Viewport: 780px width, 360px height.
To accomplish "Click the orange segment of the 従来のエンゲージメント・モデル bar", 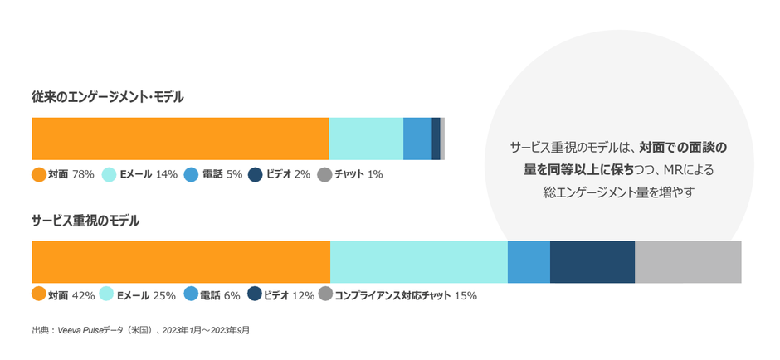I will [x=180, y=139].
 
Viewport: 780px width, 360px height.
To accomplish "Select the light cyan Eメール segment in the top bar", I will [x=366, y=139].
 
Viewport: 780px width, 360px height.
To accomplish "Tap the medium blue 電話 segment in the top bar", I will [x=417, y=139].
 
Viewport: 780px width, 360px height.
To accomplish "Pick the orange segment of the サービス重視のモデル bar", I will [x=180, y=262].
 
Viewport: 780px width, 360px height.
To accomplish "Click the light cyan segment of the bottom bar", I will [x=418, y=262].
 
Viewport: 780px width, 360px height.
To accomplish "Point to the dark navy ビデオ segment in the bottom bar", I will [x=592, y=262].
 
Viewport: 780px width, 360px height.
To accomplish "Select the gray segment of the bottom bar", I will [x=688, y=262].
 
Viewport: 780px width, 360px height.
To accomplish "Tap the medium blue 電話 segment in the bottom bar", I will [x=529, y=262].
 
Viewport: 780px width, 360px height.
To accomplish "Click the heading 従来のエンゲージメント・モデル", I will [x=108, y=97].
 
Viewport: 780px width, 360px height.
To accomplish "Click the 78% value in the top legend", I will [x=83, y=174].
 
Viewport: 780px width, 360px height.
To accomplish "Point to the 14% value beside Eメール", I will [x=167, y=174].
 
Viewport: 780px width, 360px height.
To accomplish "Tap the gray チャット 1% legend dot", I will [x=324, y=174].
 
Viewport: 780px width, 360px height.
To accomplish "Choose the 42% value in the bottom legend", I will [x=83, y=294].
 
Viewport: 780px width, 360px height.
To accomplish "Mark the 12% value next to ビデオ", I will [x=304, y=294].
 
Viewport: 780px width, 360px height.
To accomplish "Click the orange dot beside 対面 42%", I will [x=38, y=294].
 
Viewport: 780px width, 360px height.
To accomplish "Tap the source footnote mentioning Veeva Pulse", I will [x=140, y=330].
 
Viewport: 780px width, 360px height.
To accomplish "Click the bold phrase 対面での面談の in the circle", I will [x=683, y=148].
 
